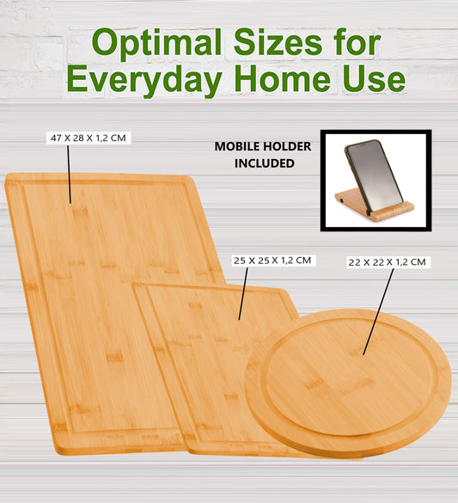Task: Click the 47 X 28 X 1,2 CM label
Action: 89,138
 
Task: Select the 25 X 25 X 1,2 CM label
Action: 272,260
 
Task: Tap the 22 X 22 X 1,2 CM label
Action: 387,261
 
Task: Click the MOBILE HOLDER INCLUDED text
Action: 262,155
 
